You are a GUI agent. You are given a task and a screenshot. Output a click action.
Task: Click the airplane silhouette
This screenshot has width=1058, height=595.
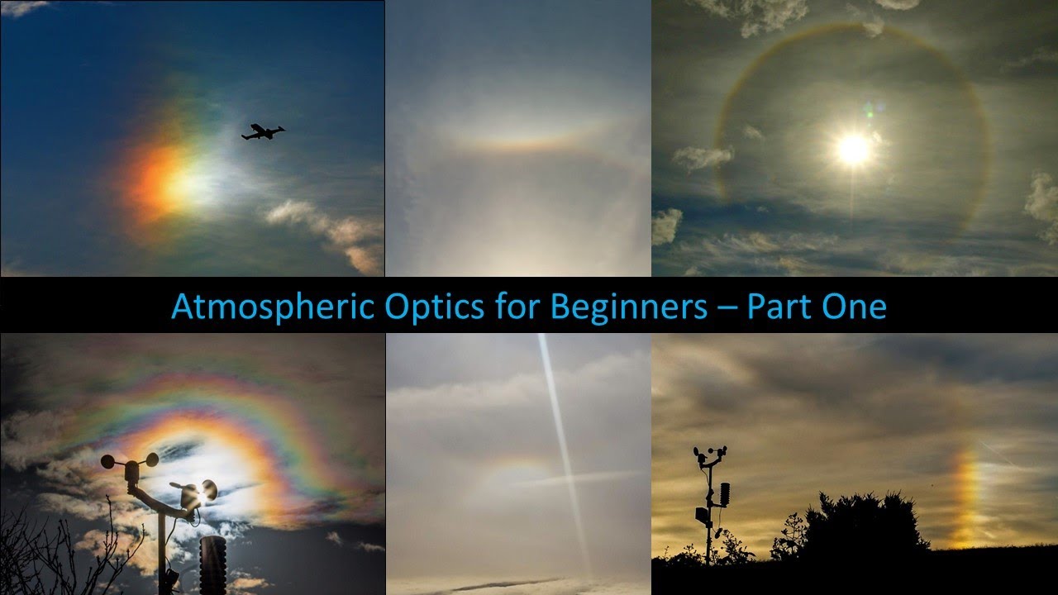click(x=262, y=132)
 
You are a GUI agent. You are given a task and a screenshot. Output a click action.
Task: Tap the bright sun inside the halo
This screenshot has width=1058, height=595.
click(x=853, y=149)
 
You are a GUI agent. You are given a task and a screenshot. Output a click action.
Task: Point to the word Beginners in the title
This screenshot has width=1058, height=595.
click(x=628, y=307)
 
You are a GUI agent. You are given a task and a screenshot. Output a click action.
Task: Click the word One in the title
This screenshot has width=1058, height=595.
click(x=857, y=307)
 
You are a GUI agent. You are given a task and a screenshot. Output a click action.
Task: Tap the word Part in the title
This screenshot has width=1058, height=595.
click(x=780, y=307)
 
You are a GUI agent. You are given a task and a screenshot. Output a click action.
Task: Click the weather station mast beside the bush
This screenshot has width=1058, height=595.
click(x=708, y=504)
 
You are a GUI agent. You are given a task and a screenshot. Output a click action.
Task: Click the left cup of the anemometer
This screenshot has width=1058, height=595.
click(x=108, y=461)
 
